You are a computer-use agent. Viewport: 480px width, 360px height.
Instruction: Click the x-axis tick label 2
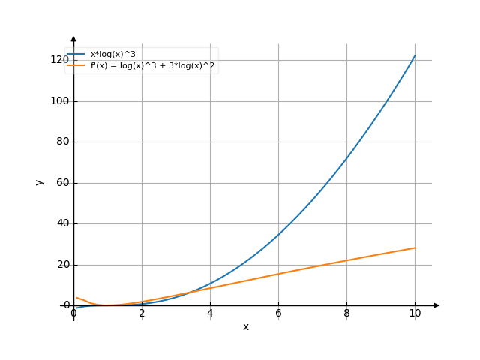click(x=142, y=313)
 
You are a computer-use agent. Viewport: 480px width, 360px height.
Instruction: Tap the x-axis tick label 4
click(x=210, y=313)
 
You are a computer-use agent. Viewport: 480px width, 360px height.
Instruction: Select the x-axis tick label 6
click(x=278, y=313)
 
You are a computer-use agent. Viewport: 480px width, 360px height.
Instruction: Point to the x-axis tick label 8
click(x=346, y=313)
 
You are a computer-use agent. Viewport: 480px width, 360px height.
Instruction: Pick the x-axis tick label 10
click(x=415, y=313)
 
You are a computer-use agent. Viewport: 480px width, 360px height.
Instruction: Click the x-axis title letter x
click(x=245, y=327)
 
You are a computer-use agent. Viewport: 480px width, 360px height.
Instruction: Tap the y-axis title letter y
click(x=40, y=182)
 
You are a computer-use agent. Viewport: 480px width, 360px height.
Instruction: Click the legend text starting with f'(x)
click(x=153, y=66)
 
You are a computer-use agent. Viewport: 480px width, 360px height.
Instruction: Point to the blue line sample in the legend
click(x=76, y=55)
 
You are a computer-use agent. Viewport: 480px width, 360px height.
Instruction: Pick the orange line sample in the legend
click(x=76, y=66)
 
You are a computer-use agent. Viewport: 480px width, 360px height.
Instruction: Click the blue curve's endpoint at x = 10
click(x=415, y=55)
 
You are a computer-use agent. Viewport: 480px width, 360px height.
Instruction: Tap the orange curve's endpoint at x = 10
click(x=415, y=247)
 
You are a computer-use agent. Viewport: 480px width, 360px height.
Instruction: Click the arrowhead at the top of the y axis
click(x=73, y=38)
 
